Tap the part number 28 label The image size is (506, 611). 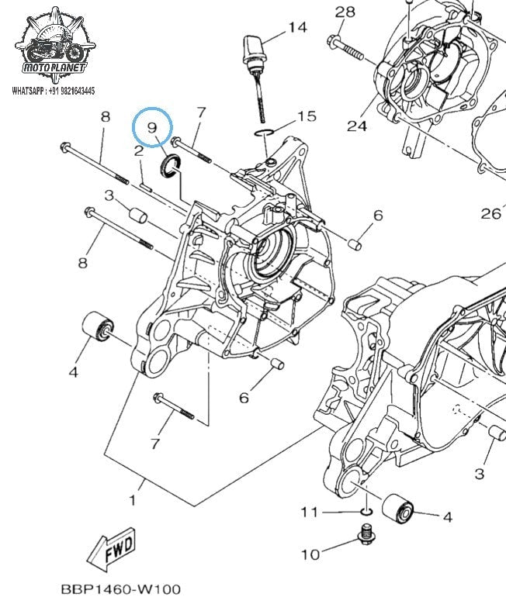click(345, 12)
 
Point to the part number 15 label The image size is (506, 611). click(307, 117)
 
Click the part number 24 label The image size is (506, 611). click(356, 126)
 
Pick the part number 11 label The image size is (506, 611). click(310, 512)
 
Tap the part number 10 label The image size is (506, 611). click(310, 554)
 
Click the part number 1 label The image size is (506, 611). click(132, 500)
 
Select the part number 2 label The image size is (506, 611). click(138, 152)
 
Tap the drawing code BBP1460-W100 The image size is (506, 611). click(120, 589)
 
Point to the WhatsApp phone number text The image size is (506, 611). click(54, 91)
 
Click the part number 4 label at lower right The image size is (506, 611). click(447, 516)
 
